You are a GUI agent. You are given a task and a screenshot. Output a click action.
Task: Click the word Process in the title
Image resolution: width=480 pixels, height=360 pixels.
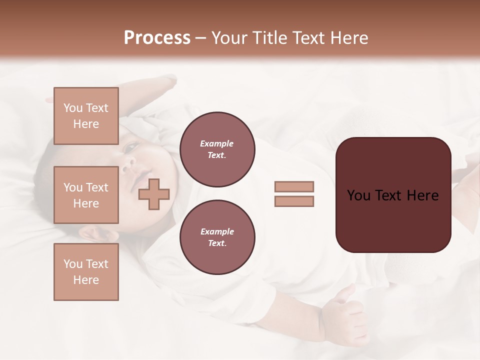157,38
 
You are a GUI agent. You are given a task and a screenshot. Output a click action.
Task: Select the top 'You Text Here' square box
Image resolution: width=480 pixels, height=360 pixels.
86,116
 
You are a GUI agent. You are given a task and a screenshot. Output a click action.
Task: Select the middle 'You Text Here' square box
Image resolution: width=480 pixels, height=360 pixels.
86,195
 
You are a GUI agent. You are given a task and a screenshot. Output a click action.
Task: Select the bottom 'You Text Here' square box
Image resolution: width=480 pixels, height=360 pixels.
86,271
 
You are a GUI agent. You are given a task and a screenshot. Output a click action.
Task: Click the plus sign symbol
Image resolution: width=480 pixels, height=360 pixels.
154,194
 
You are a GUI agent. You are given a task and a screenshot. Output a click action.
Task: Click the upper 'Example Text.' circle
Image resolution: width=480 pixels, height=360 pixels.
217,149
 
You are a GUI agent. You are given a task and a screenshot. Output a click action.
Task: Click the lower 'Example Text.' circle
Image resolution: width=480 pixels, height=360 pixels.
217,237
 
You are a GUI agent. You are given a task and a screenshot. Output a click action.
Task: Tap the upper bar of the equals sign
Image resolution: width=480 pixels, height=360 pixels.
294,186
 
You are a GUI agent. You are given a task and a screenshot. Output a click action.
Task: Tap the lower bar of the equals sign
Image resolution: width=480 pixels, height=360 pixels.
294,201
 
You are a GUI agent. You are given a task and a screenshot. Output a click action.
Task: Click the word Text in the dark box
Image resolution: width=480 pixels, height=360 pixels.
393,195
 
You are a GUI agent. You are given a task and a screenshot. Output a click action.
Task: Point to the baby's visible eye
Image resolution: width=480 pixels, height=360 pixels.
131,147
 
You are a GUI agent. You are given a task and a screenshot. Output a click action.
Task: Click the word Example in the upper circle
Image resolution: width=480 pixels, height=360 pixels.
216,143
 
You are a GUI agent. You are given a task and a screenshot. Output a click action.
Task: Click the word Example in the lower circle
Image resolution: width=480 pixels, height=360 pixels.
217,231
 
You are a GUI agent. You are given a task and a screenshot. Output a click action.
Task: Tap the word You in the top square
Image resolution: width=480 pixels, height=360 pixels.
73,108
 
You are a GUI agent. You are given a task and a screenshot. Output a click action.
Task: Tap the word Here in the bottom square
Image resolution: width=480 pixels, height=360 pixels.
86,280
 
